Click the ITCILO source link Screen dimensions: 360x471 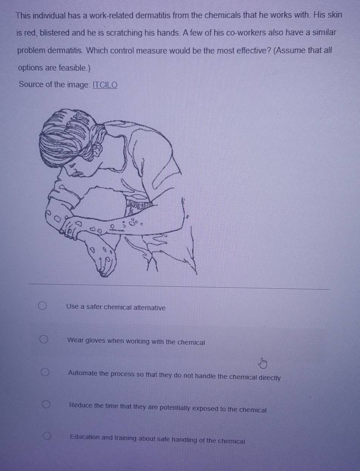[x=105, y=85]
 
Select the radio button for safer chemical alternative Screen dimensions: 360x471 [x=42, y=306]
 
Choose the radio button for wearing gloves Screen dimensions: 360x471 [x=44, y=339]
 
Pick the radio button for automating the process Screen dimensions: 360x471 [x=45, y=372]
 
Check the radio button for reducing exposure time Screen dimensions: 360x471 [x=46, y=404]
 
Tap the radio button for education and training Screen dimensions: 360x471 [x=47, y=436]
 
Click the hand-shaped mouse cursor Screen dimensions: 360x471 [x=263, y=363]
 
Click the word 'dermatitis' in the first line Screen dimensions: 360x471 [x=153, y=16]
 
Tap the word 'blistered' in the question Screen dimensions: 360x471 [x=55, y=33]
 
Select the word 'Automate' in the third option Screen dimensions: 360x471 [x=83, y=373]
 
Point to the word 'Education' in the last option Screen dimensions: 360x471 [x=85, y=437]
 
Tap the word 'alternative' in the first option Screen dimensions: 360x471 [x=150, y=308]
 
